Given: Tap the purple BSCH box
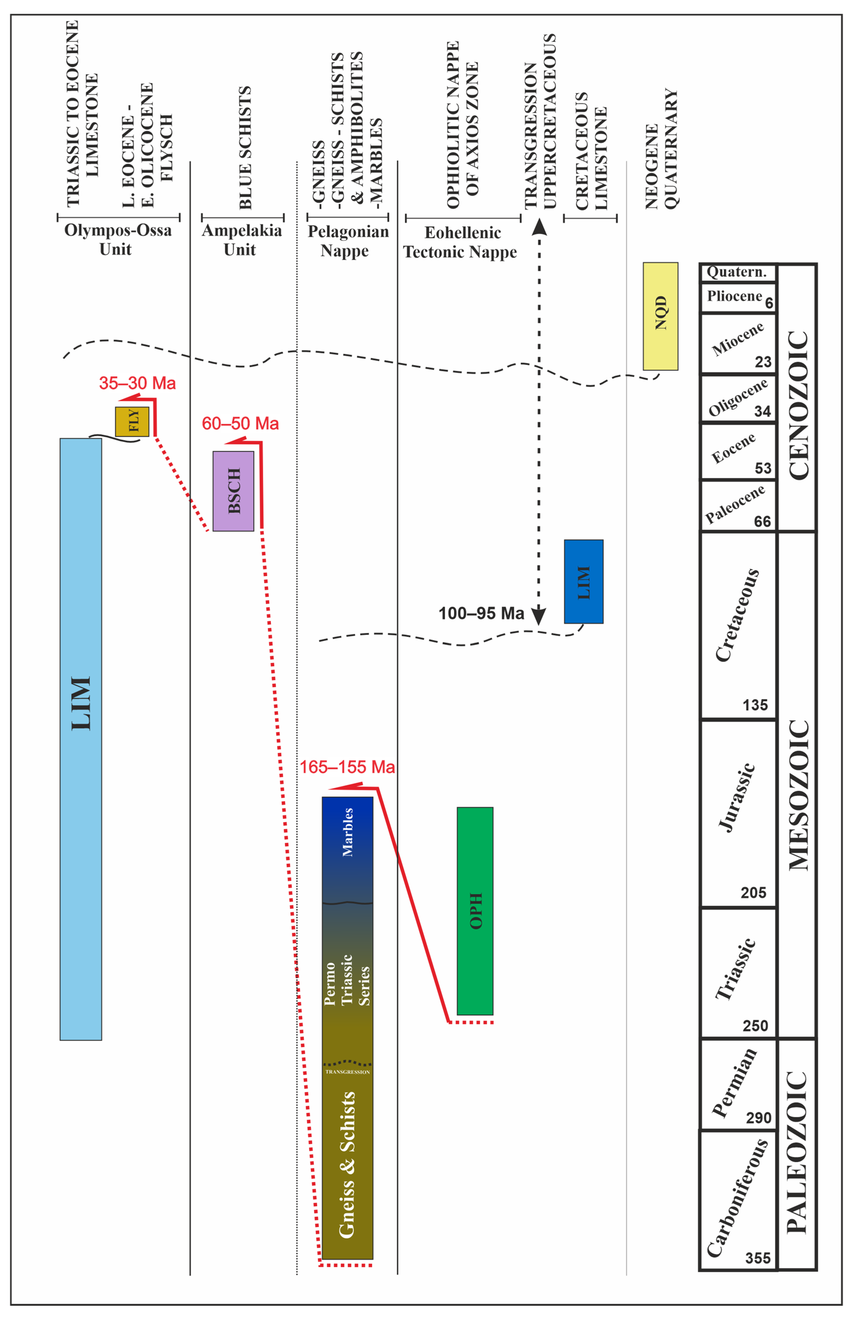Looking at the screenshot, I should [x=233, y=491].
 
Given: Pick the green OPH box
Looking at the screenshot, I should [x=475, y=910].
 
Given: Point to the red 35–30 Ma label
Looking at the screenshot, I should [x=137, y=383].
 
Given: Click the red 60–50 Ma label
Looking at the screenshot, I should [x=240, y=423].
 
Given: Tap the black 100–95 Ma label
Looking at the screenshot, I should [x=481, y=613].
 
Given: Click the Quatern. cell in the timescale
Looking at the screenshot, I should [x=737, y=272].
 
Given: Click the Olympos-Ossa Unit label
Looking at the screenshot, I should [x=117, y=239].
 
